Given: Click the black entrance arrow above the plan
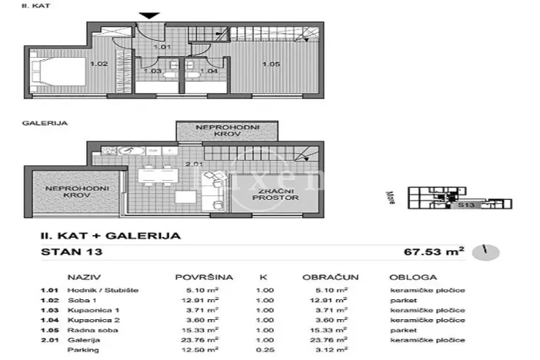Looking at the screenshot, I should click(151, 15).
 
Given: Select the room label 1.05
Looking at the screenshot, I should click(270, 65).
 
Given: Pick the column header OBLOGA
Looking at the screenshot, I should click(413, 277).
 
